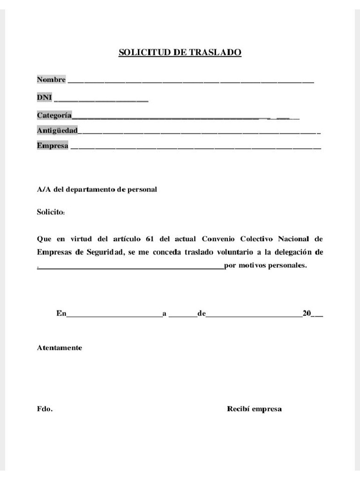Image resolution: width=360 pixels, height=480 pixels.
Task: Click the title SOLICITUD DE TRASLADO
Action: point(180,52)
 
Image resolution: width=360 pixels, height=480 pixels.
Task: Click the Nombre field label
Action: point(51,80)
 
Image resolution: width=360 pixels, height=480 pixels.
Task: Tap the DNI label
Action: point(45,97)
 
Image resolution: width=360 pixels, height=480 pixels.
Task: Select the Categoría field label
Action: point(54,115)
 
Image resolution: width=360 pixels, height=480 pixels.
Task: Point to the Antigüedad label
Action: point(57,130)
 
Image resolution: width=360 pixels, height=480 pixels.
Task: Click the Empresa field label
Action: point(52,146)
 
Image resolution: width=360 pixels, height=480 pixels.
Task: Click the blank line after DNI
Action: point(101,99)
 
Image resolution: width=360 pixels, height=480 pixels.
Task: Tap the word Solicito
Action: point(51,212)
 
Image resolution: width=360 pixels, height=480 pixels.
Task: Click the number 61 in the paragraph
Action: point(150,238)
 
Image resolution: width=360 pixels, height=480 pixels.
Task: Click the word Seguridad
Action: point(105,252)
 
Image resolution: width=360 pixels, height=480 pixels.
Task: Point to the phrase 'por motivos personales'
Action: point(265,265)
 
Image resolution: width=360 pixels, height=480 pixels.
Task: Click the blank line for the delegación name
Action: point(131,267)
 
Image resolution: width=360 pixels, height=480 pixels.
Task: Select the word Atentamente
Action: point(60,348)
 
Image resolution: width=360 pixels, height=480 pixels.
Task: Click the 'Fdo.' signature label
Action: point(45,409)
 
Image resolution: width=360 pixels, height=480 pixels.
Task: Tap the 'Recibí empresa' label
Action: point(254,409)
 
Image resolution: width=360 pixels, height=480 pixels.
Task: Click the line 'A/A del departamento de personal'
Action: point(97,190)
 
